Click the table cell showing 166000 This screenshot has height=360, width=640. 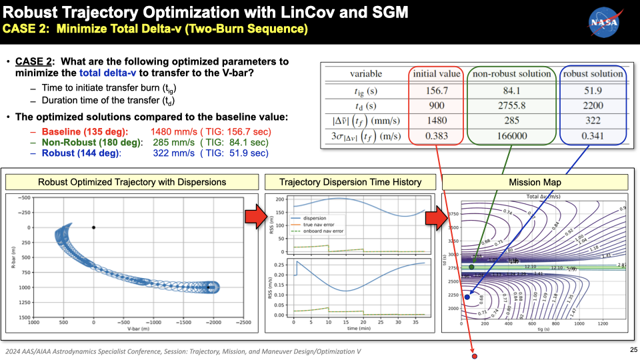[509, 137]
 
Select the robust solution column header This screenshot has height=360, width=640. [593, 74]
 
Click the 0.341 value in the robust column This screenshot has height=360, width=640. [593, 137]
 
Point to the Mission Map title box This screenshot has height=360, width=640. [535, 182]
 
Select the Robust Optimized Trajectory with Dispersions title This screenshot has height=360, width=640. [131, 182]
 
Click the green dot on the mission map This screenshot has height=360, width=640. [471, 267]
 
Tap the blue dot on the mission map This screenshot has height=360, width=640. [467, 297]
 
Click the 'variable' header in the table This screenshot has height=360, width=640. [366, 74]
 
